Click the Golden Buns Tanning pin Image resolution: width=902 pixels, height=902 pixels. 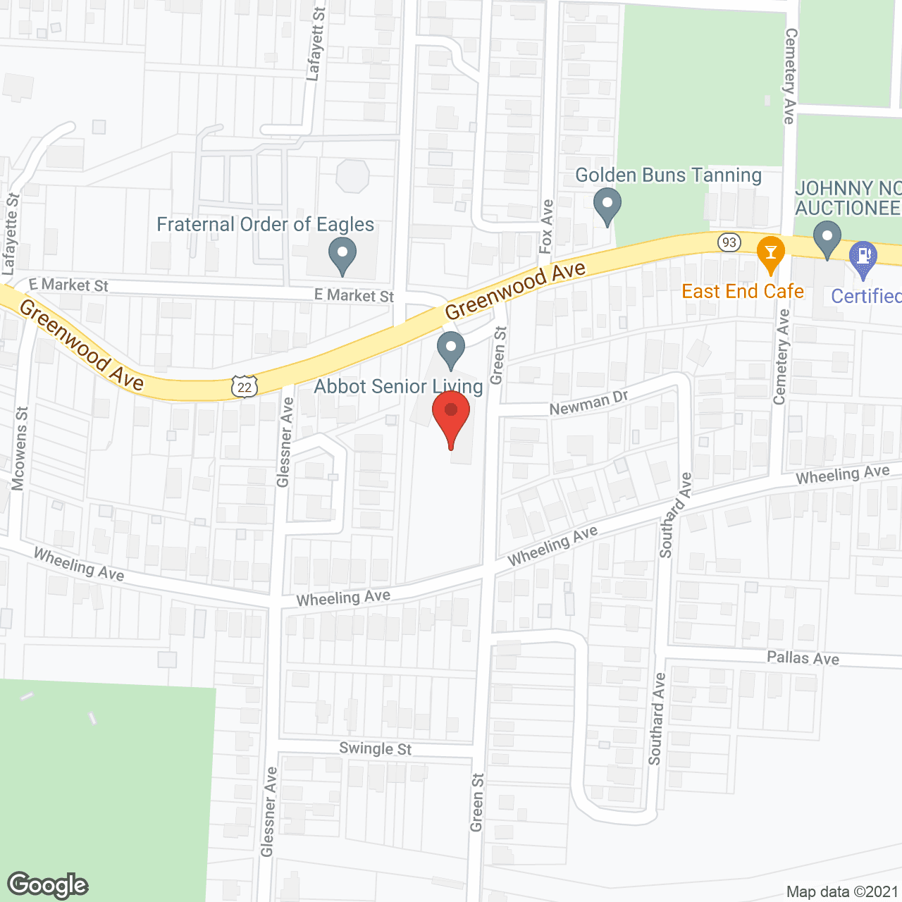click(607, 206)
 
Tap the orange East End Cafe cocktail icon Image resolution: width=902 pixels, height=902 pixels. click(770, 254)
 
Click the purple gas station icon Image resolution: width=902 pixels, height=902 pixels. click(863, 257)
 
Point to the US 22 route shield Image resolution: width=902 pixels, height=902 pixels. click(245, 387)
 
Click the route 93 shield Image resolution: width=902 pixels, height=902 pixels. click(729, 242)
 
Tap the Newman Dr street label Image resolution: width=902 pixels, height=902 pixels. click(588, 403)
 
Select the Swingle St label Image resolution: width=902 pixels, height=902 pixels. click(375, 748)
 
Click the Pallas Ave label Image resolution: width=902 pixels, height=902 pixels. click(803, 658)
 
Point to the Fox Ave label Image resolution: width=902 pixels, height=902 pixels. click(546, 226)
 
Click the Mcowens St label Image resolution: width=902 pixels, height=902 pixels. click(20, 448)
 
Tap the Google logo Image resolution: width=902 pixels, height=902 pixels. click(48, 885)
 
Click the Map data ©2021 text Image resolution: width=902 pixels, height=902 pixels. click(842, 892)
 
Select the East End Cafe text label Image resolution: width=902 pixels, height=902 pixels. click(743, 292)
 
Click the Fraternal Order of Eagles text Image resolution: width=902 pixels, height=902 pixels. click(265, 225)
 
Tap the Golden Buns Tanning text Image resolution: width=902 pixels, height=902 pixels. click(668, 175)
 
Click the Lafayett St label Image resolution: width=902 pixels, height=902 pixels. click(316, 44)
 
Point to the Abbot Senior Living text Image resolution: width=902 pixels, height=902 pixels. click(398, 387)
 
